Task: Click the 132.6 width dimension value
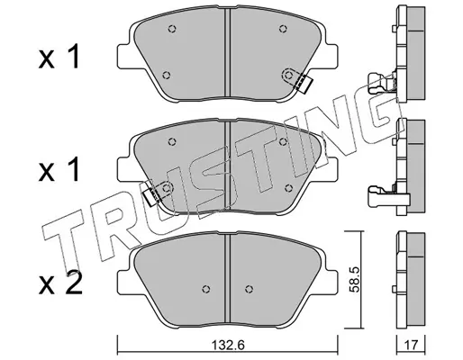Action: click(228, 345)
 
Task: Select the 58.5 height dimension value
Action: click(355, 279)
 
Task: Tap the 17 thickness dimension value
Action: click(411, 345)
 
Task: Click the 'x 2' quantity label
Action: click(60, 283)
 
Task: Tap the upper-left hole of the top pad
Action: click(172, 29)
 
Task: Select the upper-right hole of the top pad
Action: click(282, 29)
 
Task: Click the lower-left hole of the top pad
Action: click(166, 75)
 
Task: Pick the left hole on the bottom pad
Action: click(205, 289)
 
